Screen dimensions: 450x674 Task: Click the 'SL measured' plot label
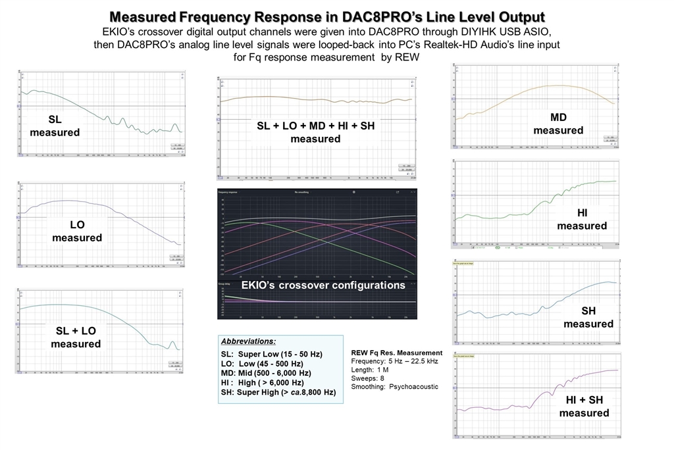point(55,126)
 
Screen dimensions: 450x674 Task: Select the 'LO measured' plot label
point(77,231)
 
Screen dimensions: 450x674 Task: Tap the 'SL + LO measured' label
point(76,337)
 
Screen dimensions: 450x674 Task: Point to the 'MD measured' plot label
point(558,124)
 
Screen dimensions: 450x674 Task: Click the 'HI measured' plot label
point(582,219)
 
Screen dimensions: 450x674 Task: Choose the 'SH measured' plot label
point(588,317)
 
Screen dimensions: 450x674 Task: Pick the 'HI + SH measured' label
point(584,406)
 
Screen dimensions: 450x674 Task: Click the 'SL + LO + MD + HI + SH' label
point(315,125)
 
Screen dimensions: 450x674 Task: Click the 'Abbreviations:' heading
point(248,341)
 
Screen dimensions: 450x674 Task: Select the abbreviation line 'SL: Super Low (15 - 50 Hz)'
point(271,354)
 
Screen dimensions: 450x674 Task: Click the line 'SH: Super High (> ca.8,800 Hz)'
point(278,392)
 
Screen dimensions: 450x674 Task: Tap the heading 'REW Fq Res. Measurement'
point(397,353)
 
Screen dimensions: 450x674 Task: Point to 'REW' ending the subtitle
point(407,57)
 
